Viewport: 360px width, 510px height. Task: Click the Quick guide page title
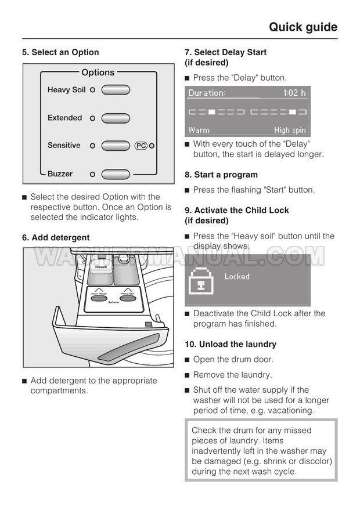pyautogui.click(x=303, y=27)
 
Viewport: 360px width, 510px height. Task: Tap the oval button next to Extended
pyautogui.click(x=116, y=118)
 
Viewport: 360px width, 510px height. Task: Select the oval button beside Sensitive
pyautogui.click(x=116, y=146)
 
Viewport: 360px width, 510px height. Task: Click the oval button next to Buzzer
pyautogui.click(x=116, y=173)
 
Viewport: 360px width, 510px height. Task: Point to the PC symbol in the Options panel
pyautogui.click(x=141, y=146)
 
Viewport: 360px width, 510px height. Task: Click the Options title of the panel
pyautogui.click(x=98, y=73)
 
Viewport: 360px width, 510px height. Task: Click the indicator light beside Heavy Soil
pyautogui.click(x=92, y=90)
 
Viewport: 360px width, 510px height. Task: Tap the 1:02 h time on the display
pyautogui.click(x=294, y=93)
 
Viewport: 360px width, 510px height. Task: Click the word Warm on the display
pyautogui.click(x=199, y=130)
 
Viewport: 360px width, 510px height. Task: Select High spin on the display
pyautogui.click(x=290, y=130)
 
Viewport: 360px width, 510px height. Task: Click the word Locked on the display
pyautogui.click(x=237, y=277)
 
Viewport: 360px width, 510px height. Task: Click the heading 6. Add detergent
pyautogui.click(x=56, y=237)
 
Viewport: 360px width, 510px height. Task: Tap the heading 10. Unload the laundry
pyautogui.click(x=231, y=344)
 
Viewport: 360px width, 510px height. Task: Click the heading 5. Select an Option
pyautogui.click(x=60, y=52)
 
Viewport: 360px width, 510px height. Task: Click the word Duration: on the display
pyautogui.click(x=207, y=93)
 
